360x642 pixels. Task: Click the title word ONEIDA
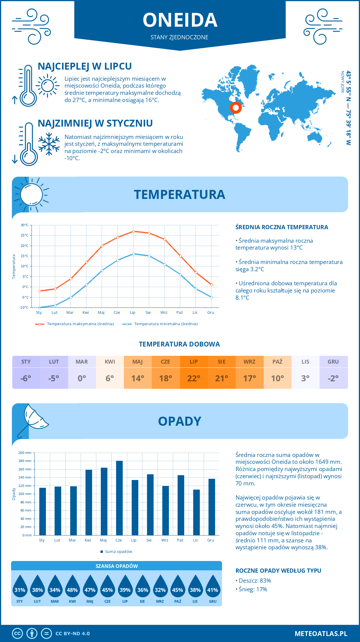click(x=180, y=20)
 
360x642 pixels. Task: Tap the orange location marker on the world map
click(x=236, y=108)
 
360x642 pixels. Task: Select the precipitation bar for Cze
click(x=119, y=498)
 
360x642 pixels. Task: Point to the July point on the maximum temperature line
click(x=133, y=231)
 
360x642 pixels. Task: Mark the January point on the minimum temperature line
click(x=40, y=307)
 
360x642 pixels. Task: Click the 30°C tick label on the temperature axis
click(x=25, y=225)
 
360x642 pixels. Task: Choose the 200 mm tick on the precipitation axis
click(x=25, y=453)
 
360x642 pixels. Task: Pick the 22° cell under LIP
click(x=194, y=378)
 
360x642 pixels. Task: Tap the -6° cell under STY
click(x=26, y=378)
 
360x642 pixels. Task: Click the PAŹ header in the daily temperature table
click(x=277, y=362)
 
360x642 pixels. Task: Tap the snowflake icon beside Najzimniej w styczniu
click(x=49, y=144)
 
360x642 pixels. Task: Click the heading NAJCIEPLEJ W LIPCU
click(x=85, y=66)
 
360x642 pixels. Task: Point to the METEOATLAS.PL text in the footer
click(x=321, y=634)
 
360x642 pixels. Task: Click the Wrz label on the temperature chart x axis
click(x=164, y=313)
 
